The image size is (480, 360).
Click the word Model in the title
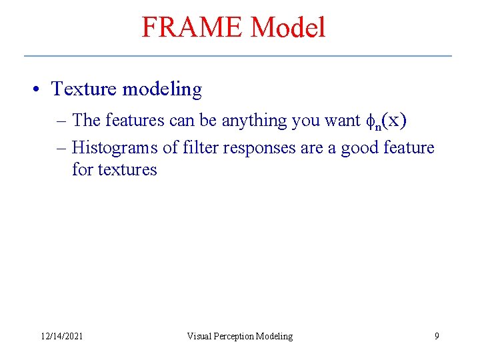point(288,27)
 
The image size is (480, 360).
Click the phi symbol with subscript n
point(372,121)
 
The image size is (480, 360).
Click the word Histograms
point(115,147)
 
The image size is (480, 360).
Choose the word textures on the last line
point(127,169)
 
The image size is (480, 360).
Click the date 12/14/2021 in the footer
point(61,337)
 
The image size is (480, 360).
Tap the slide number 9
point(437,336)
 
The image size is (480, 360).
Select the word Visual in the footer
point(199,337)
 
